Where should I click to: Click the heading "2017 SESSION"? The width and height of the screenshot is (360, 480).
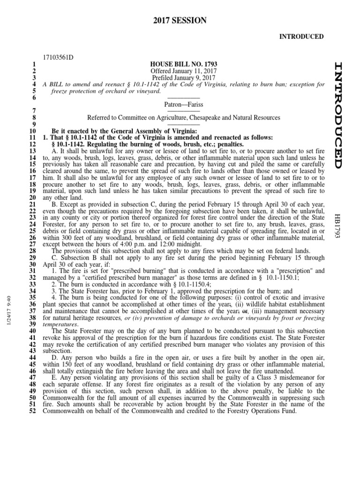[x=180, y=20]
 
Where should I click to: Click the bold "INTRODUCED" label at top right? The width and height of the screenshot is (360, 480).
[x=302, y=37]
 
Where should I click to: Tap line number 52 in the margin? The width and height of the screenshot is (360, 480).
[x=32, y=411]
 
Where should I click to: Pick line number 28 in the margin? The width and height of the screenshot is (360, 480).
[x=32, y=252]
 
